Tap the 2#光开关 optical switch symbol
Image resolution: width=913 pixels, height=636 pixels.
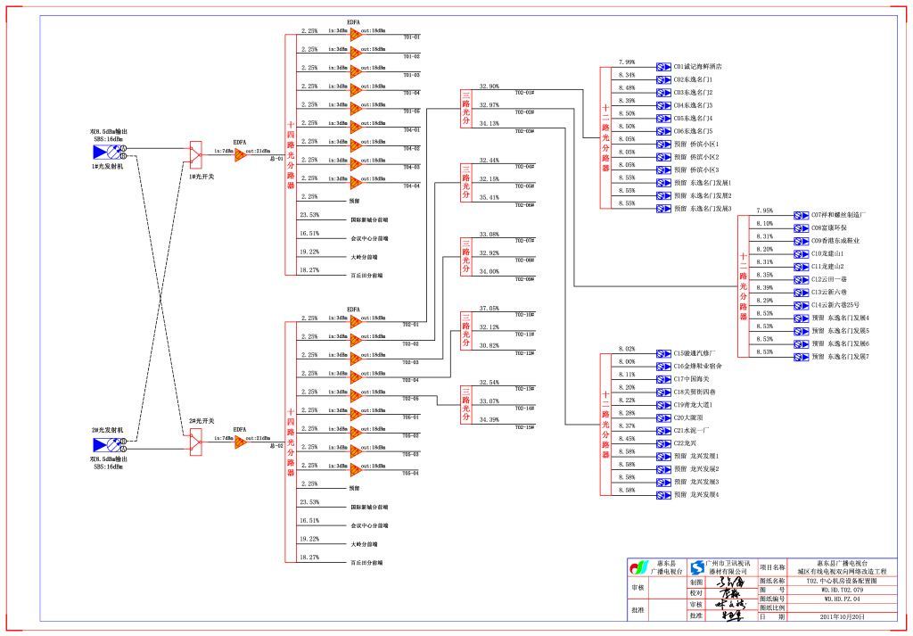pyautogui.click(x=196, y=439)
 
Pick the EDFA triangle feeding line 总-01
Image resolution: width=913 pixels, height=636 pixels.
pyautogui.click(x=241, y=153)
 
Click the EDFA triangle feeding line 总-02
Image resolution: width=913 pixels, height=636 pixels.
pyautogui.click(x=241, y=441)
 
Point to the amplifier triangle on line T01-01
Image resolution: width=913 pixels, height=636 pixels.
pyautogui.click(x=356, y=35)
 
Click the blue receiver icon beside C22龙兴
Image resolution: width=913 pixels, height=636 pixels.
pyautogui.click(x=663, y=442)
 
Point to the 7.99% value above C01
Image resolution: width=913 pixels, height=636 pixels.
pyautogui.click(x=627, y=62)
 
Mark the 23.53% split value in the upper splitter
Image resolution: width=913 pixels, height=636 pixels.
pyautogui.click(x=309, y=215)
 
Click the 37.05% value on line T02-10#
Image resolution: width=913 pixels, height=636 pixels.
pyautogui.click(x=489, y=309)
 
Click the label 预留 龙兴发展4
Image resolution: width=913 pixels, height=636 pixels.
pyautogui.click(x=696, y=494)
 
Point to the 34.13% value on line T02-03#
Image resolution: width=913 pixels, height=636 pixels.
pyautogui.click(x=489, y=123)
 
